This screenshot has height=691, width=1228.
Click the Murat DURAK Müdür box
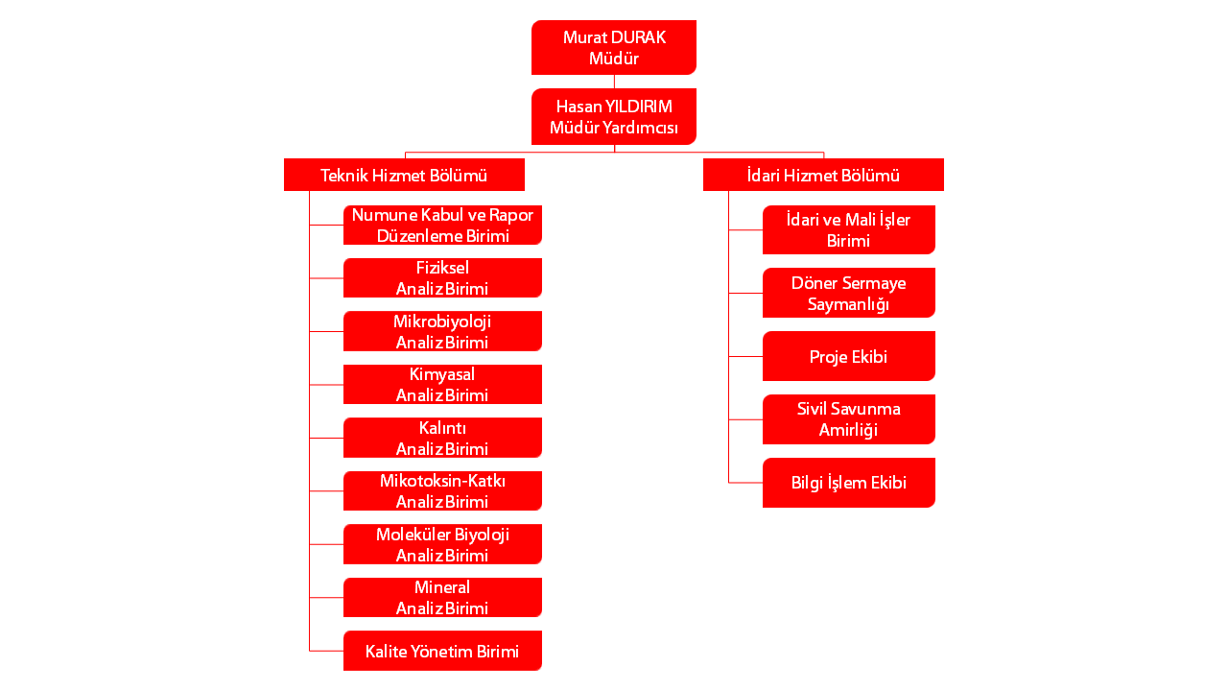click(614, 47)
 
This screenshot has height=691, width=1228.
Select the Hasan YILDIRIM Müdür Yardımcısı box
click(614, 116)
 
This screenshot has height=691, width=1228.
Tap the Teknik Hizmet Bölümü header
click(404, 175)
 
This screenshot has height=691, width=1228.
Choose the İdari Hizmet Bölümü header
click(823, 175)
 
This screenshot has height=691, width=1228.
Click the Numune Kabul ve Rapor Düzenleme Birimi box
click(442, 225)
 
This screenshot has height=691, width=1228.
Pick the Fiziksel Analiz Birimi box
click(442, 278)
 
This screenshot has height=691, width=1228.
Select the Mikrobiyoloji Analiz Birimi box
click(442, 331)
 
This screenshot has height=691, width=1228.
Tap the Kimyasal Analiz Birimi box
click(442, 384)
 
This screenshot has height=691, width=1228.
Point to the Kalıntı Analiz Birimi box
click(442, 438)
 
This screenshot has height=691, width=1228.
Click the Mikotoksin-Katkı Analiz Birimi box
click(442, 490)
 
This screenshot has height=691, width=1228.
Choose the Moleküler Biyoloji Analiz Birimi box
click(442, 544)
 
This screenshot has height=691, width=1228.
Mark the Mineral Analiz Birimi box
click(442, 597)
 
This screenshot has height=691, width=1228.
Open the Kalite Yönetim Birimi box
click(442, 651)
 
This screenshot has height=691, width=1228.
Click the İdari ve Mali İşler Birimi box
click(848, 229)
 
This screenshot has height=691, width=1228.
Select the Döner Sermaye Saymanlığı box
click(848, 293)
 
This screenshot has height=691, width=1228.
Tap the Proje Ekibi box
click(848, 356)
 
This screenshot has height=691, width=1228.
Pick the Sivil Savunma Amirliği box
click(848, 419)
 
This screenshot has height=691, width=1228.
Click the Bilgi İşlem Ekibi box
click(848, 483)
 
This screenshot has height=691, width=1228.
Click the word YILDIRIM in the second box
click(639, 106)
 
